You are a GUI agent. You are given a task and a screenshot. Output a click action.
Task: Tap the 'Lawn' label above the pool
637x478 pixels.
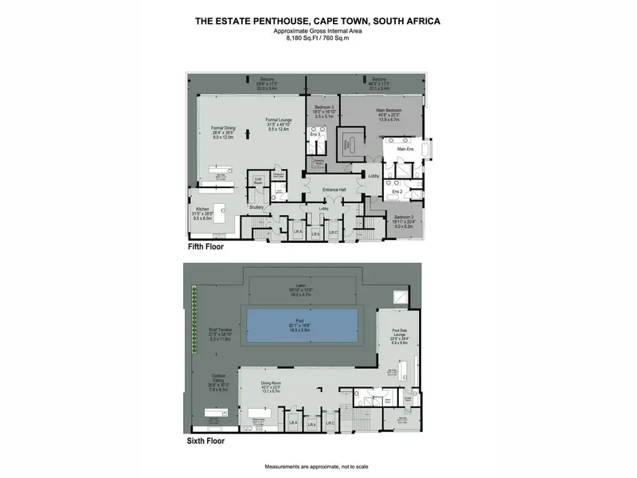301,286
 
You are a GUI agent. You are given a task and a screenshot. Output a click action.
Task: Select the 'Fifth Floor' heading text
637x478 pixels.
205,248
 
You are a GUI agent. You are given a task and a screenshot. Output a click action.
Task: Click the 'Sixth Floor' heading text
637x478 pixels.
205,440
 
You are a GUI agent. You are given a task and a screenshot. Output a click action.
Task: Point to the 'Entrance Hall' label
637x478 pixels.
334,189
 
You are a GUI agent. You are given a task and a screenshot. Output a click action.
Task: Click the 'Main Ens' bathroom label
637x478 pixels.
405,149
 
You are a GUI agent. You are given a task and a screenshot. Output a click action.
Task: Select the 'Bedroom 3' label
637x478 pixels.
324,106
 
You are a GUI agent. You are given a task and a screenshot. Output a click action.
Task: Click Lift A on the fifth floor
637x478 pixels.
298,232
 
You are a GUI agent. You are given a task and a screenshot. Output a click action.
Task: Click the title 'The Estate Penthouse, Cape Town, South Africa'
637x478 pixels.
318,22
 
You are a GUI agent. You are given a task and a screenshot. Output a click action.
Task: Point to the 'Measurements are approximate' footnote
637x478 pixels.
318,466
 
